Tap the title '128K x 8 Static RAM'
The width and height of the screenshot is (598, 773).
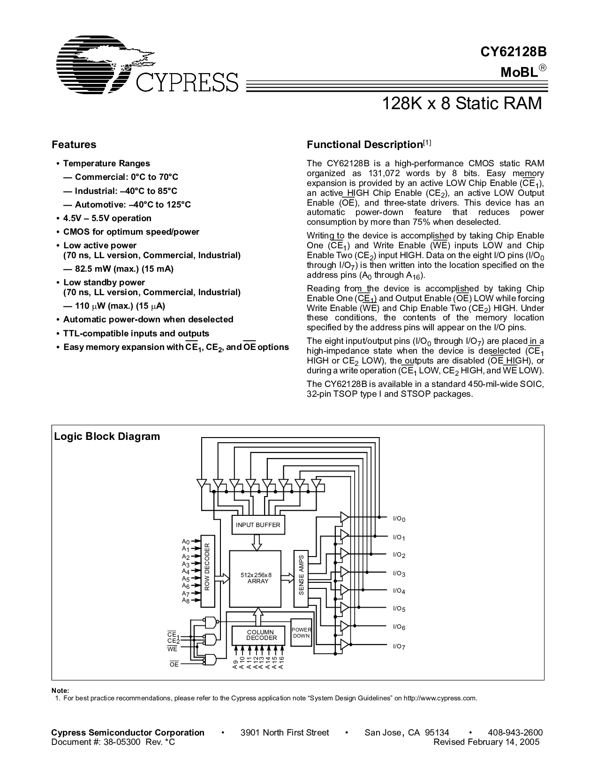(462, 103)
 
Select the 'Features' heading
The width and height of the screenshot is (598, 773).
(74, 145)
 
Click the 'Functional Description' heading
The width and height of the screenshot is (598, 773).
(365, 145)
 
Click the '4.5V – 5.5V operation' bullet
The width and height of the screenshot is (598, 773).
(107, 218)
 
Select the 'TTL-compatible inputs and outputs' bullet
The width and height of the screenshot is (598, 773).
(136, 334)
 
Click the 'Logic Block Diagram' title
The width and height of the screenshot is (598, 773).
(107, 437)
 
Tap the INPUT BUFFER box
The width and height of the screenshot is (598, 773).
(257, 525)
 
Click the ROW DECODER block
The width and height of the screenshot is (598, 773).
(207, 569)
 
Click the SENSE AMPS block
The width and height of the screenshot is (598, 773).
(301, 575)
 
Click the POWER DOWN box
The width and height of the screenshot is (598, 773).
(301, 633)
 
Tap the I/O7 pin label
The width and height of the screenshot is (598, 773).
(399, 647)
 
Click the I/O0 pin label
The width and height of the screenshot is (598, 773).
(399, 519)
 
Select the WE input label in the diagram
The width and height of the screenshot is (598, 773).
(173, 649)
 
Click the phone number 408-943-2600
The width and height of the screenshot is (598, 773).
(515, 733)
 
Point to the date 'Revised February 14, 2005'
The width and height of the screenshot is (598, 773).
(486, 742)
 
